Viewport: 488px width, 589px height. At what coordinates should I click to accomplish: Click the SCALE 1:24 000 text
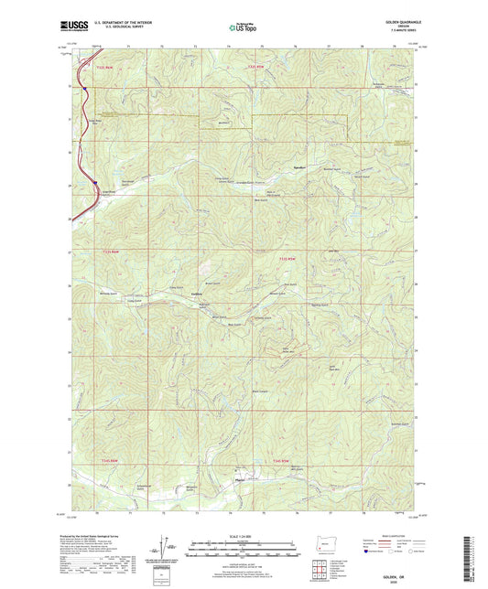243,536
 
